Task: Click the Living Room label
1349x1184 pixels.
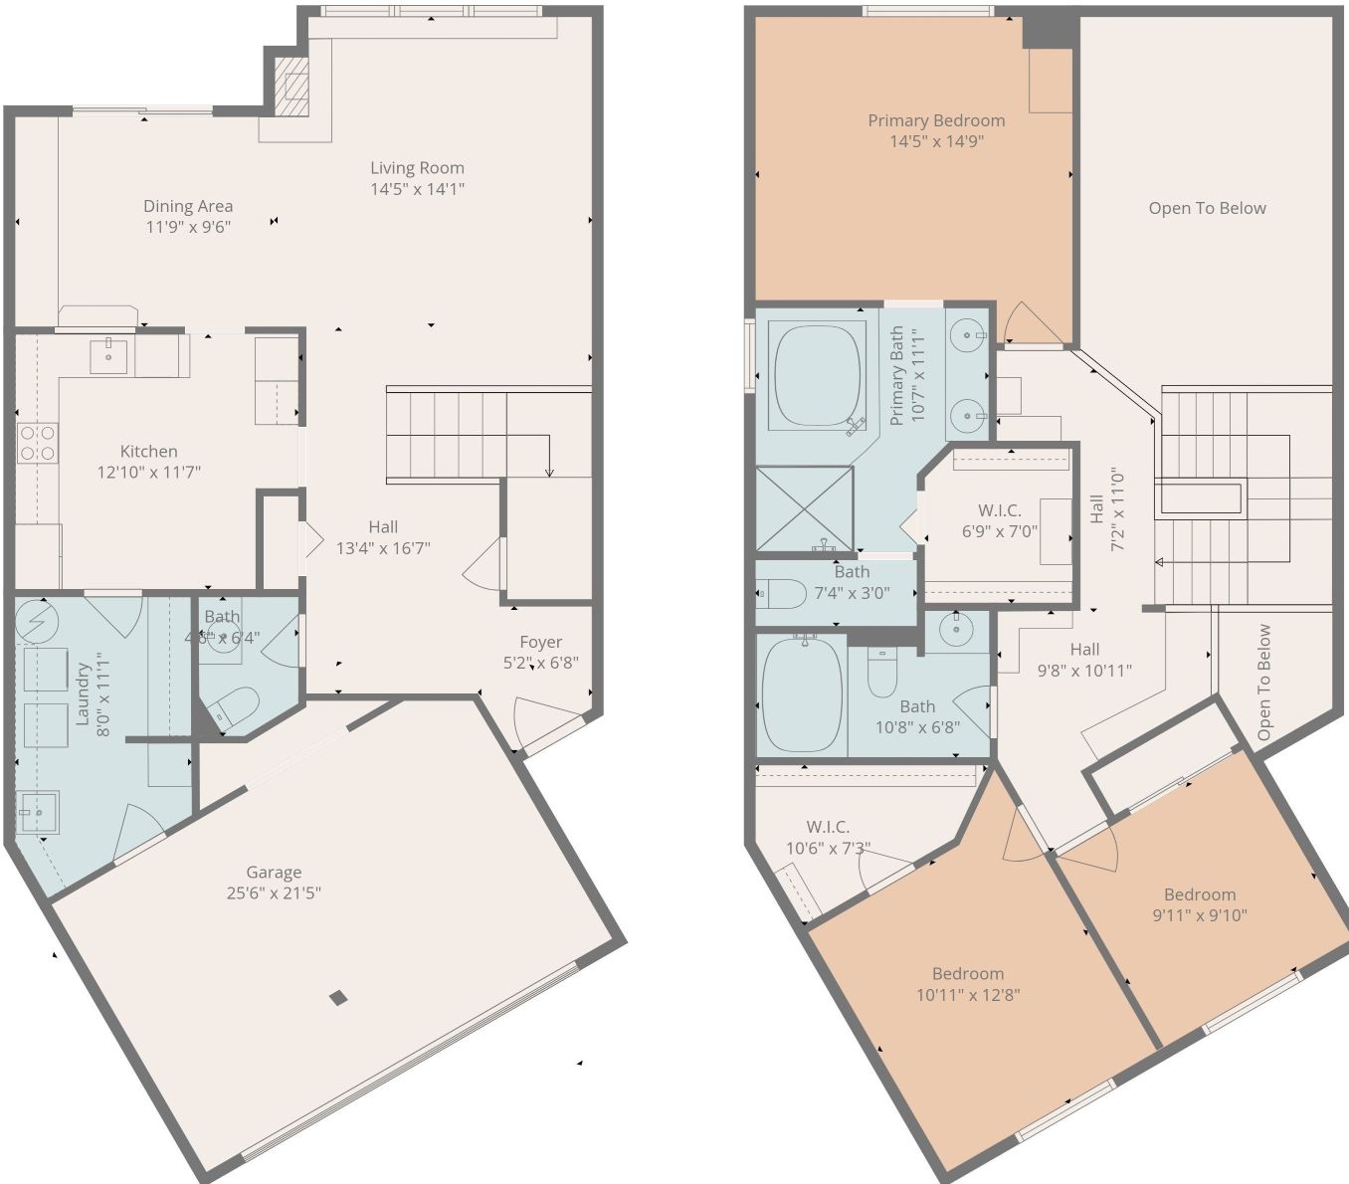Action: (417, 168)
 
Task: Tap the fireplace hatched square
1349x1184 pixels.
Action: (291, 86)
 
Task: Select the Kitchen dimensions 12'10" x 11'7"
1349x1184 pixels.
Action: (148, 472)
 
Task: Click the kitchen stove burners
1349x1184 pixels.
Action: (37, 443)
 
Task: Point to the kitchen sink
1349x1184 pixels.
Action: (107, 354)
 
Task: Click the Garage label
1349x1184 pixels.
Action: (274, 873)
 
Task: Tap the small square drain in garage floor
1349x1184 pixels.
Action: (339, 998)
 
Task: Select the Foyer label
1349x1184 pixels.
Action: (540, 642)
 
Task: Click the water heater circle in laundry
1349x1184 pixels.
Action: (37, 623)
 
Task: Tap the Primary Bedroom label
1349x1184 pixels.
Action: (936, 120)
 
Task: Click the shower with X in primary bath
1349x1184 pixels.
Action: (804, 507)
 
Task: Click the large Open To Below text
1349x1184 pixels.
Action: (1207, 208)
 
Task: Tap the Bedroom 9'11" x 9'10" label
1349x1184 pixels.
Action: (1200, 894)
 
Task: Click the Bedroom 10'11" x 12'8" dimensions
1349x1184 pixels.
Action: (968, 994)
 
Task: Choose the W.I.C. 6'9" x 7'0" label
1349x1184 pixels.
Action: (999, 510)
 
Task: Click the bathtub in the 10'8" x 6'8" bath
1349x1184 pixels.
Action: (802, 695)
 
